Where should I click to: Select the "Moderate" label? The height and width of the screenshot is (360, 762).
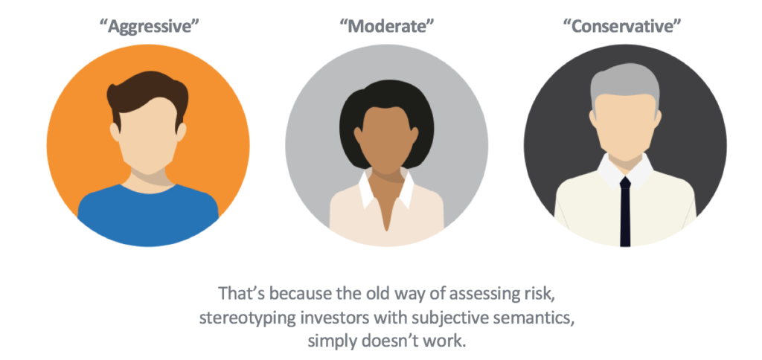click(x=386, y=27)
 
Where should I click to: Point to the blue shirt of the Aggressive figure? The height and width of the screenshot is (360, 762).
click(x=148, y=213)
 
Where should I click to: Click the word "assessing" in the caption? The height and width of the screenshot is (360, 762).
click(x=483, y=295)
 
